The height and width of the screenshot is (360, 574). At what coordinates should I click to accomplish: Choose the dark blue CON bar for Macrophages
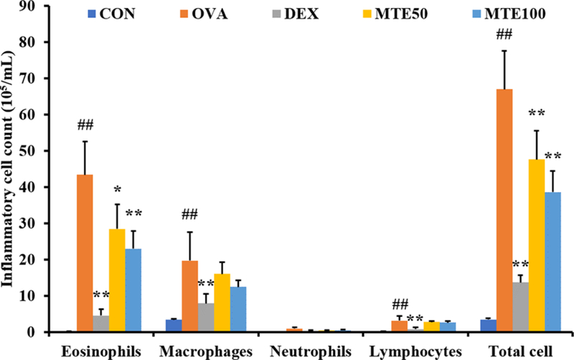coord(173,326)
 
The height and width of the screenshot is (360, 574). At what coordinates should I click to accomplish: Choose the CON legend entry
coord(115,14)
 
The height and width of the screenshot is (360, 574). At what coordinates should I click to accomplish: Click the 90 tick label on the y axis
coord(33,6)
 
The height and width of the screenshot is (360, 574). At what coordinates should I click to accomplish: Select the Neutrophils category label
coord(301,351)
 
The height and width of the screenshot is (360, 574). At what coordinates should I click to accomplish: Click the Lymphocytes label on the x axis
coord(408,351)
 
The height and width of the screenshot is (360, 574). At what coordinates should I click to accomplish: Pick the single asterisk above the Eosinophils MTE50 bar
coord(116,189)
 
